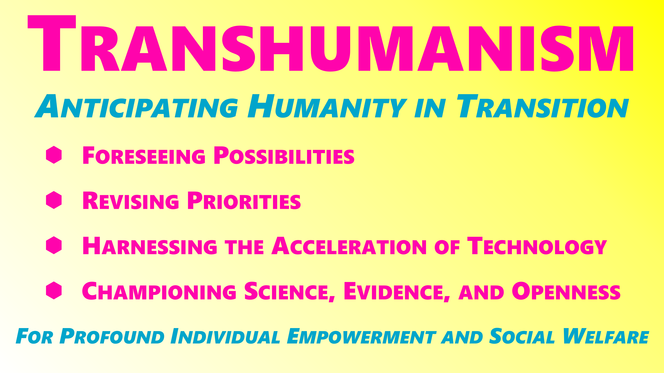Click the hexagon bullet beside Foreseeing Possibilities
click(54, 155)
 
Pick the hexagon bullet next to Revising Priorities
click(54, 200)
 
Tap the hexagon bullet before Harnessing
click(54, 245)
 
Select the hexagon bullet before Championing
click(54, 290)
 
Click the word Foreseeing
click(144, 155)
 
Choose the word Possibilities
click(284, 155)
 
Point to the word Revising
click(130, 201)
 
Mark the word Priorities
click(244, 201)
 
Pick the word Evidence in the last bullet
click(396, 291)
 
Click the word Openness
click(566, 291)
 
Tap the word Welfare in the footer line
click(606, 336)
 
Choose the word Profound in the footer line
click(112, 336)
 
